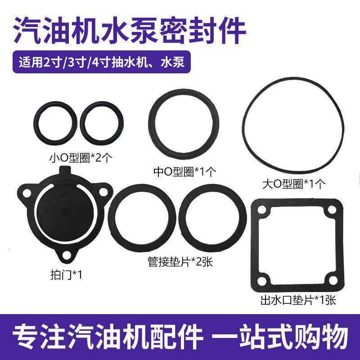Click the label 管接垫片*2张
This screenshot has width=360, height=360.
pos(180,261)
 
